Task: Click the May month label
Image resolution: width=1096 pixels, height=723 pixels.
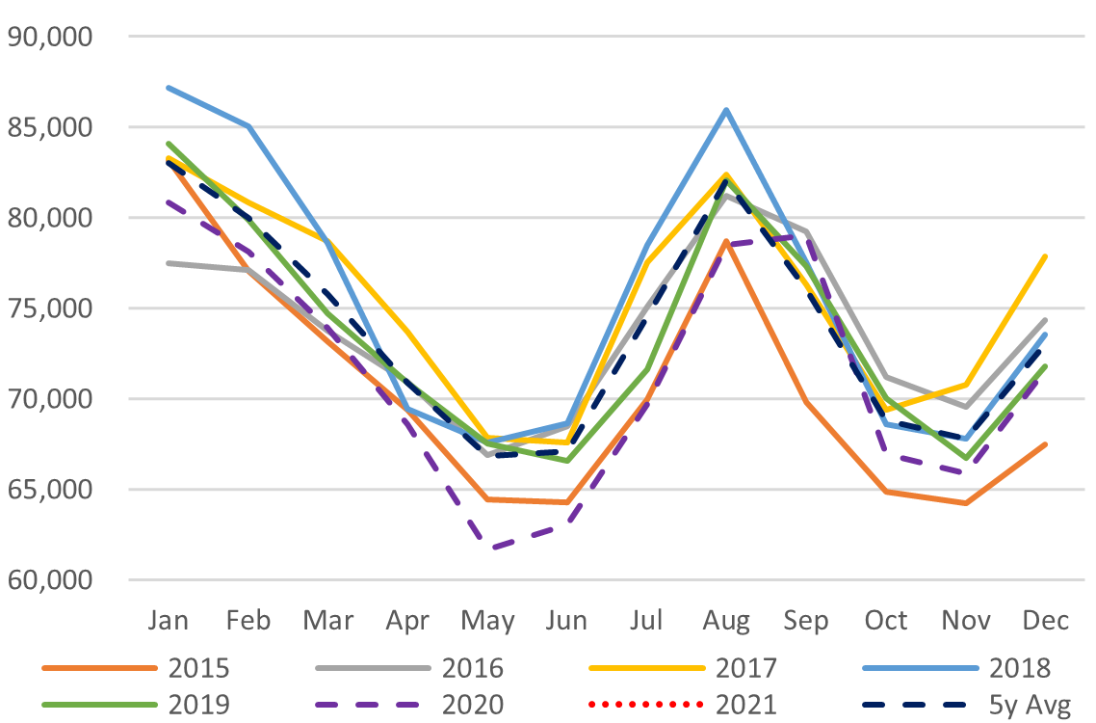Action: pos(487,620)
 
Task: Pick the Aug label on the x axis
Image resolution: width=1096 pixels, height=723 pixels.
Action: pos(727,620)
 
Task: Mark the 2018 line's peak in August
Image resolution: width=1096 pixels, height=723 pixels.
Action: pos(727,110)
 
